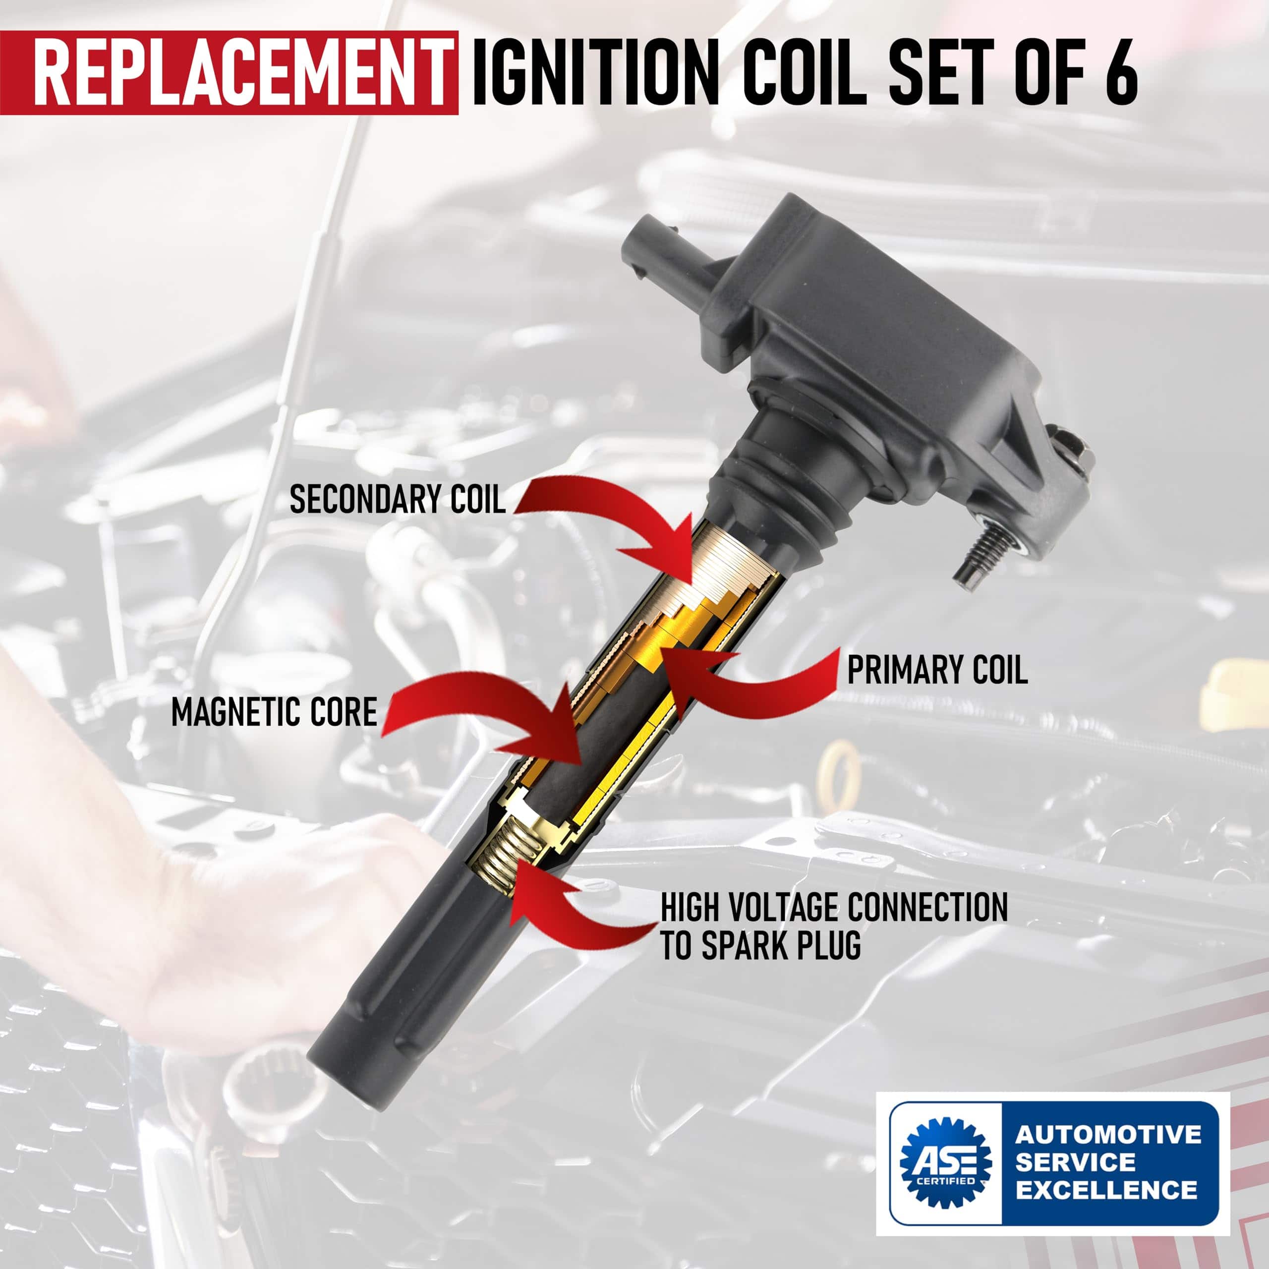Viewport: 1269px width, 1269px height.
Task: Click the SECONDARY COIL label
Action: pos(398,499)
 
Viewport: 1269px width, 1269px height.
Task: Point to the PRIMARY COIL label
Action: pos(937,670)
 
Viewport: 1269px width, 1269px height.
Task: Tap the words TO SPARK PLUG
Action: pos(760,946)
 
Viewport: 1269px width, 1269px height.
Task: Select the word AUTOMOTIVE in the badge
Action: pos(1108,1134)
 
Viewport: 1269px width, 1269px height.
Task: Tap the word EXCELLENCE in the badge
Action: pos(1106,1190)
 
